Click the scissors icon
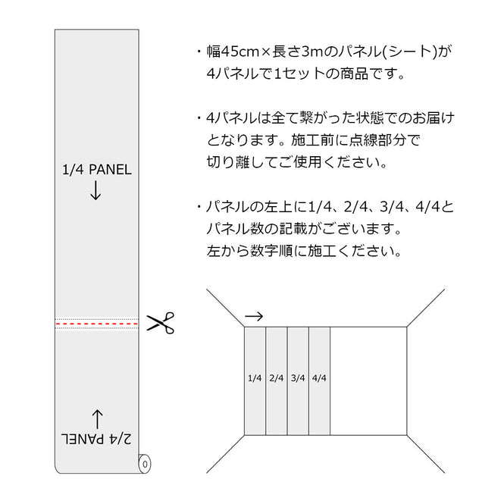161,323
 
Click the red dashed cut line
97,324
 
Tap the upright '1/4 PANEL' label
97,170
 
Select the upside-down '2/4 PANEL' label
96,438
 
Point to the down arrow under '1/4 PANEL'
95,190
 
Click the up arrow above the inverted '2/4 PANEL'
98,419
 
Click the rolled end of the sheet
144,464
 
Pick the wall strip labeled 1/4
255,381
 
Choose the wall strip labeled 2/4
277,381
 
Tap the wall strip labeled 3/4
298,381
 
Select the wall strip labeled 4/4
320,381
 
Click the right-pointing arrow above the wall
254,316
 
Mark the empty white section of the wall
368,381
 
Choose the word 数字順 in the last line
271,251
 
